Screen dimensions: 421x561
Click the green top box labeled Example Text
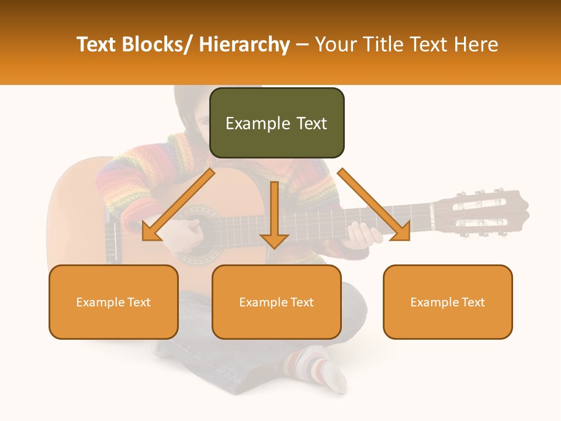[x=276, y=123]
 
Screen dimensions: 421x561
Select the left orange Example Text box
[x=113, y=302]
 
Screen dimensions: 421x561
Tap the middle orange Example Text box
[x=276, y=302]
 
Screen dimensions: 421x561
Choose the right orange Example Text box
[x=448, y=302]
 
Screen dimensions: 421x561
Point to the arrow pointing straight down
[x=274, y=216]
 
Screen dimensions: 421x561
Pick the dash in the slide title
[x=302, y=44]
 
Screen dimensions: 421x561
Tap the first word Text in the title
[x=96, y=44]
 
